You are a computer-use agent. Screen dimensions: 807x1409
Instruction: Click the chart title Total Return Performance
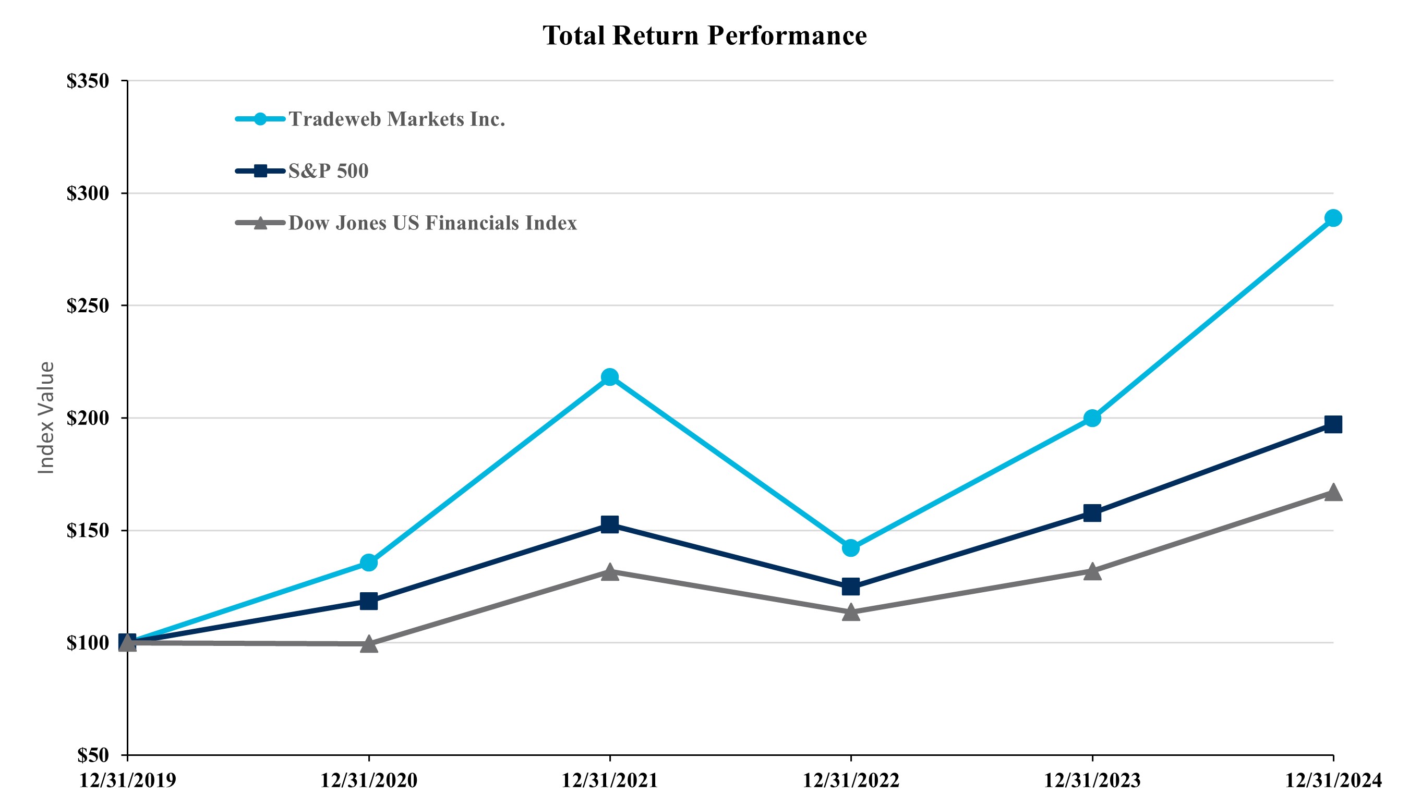(704, 35)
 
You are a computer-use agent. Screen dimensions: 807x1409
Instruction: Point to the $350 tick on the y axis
(88, 81)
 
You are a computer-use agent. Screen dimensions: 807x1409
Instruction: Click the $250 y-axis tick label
(88, 305)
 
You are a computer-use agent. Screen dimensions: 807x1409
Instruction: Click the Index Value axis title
(46, 418)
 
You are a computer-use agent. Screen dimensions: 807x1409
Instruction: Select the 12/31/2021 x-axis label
(609, 780)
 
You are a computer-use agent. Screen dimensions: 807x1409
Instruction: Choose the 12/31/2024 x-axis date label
(1333, 780)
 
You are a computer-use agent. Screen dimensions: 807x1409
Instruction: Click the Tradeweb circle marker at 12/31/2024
(1333, 218)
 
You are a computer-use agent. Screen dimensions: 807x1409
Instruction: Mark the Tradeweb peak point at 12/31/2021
(609, 377)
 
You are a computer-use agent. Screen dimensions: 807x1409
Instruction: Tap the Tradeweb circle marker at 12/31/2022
(851, 548)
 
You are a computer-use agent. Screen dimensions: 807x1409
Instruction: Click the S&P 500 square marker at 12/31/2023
(1092, 512)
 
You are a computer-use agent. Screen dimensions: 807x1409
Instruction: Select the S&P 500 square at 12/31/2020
(369, 601)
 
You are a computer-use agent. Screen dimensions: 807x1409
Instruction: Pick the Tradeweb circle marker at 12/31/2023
(1092, 418)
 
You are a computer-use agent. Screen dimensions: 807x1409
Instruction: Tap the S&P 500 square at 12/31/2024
(1333, 424)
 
